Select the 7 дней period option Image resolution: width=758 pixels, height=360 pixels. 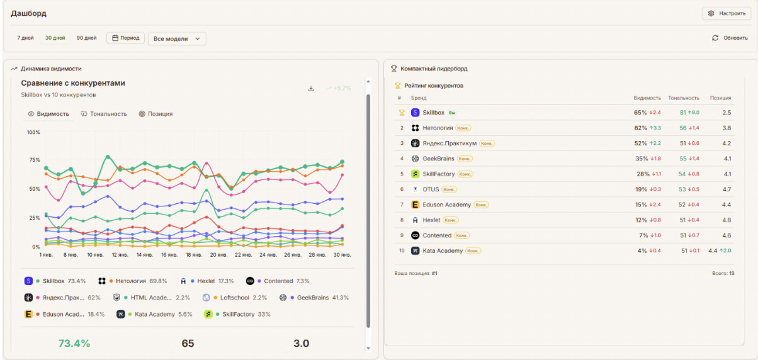click(x=25, y=38)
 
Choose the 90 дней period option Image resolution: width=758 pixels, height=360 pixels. click(x=86, y=38)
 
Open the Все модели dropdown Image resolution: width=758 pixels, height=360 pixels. click(x=177, y=38)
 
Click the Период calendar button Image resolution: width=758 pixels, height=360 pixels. click(x=125, y=38)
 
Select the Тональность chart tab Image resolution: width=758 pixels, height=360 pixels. click(x=104, y=114)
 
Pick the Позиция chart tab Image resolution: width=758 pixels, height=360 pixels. click(x=156, y=114)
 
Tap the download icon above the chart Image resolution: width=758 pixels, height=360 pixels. click(x=311, y=88)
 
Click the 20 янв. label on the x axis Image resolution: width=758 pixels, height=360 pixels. click(x=218, y=255)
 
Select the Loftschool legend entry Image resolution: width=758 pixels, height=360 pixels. click(x=235, y=297)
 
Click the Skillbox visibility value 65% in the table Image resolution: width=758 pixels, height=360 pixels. click(x=640, y=113)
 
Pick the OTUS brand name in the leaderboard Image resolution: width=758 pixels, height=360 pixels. click(x=431, y=189)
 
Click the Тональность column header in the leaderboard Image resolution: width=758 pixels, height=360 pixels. click(x=683, y=98)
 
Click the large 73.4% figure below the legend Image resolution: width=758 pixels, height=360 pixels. click(x=74, y=343)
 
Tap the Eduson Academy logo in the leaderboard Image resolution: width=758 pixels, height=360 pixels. click(x=415, y=205)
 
